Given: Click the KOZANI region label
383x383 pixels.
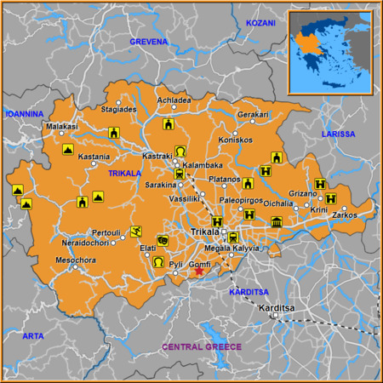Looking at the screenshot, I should [x=261, y=23].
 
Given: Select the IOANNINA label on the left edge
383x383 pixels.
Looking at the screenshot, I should [x=25, y=113].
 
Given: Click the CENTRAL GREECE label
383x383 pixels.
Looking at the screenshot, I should [x=203, y=347].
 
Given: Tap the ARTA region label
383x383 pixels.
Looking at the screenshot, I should [x=32, y=336].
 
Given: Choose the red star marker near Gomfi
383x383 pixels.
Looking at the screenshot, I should [x=200, y=272].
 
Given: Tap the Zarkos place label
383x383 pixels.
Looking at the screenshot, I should [x=345, y=215].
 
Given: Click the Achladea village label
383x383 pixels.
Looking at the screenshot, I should [x=174, y=100].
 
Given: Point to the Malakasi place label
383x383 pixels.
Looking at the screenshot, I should [x=61, y=126].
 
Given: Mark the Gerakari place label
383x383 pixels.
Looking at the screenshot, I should [x=253, y=114].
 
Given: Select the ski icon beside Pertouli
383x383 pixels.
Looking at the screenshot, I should [x=135, y=232].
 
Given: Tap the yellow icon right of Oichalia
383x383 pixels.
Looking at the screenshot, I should [x=277, y=223].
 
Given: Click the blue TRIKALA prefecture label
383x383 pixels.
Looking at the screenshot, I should [x=124, y=174].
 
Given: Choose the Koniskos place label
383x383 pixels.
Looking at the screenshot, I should [x=235, y=140].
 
